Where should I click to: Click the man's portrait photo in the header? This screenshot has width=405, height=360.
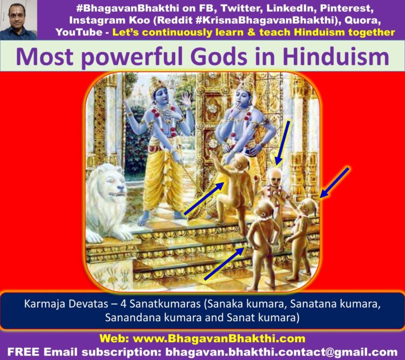[18, 20]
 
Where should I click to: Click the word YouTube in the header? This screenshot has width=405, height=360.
[79, 32]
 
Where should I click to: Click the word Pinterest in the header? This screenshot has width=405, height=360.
[346, 8]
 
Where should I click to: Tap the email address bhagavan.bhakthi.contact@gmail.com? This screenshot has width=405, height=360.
[281, 352]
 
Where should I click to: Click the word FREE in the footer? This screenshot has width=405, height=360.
[23, 351]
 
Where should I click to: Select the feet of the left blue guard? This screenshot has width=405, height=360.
[160, 218]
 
